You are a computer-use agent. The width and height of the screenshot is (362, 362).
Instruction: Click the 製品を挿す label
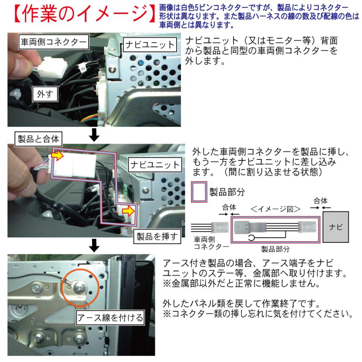point(156,237)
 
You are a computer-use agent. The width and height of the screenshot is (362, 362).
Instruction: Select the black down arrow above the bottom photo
point(94,244)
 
